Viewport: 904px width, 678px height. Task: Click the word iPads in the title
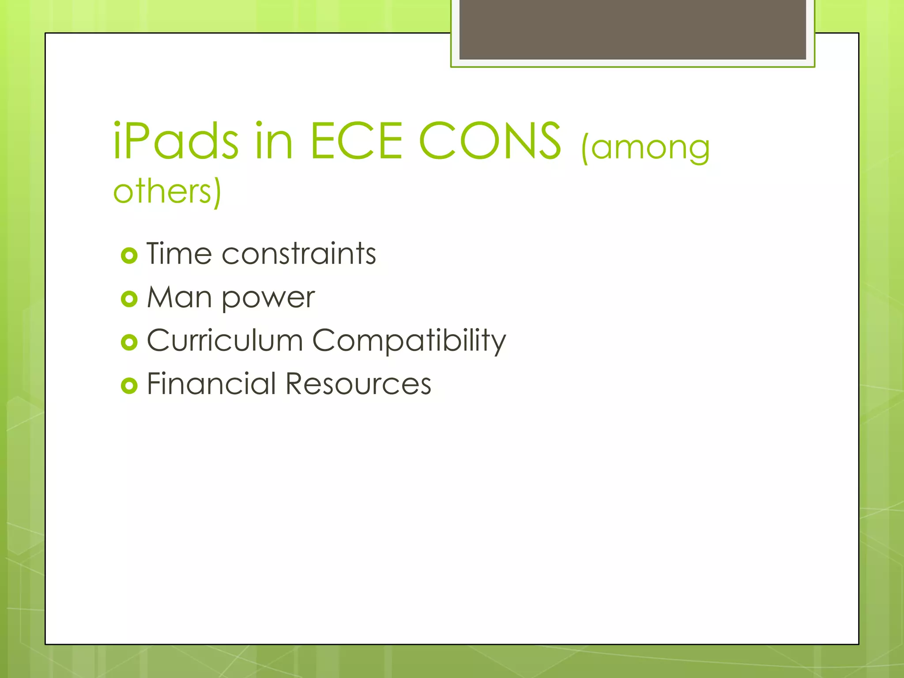coord(176,141)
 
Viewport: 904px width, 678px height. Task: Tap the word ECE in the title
coord(356,141)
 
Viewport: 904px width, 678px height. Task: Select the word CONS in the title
coord(490,141)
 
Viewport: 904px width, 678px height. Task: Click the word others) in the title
coord(167,192)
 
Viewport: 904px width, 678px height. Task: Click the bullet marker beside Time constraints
coord(129,256)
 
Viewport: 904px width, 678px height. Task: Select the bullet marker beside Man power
coord(129,299)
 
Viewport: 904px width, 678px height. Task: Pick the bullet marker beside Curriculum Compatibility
coord(129,342)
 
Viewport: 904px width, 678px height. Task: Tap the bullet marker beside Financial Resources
coord(129,385)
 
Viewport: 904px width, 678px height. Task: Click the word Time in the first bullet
coord(179,254)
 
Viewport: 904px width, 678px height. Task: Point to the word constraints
coord(299,254)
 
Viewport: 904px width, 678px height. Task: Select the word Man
coord(179,297)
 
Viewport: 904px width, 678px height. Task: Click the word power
coord(268,298)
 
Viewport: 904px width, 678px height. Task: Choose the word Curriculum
coord(225,340)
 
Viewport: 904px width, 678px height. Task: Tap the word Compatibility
coord(409,341)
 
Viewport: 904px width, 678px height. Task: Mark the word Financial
coord(211,384)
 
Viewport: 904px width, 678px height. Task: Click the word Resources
coord(358,384)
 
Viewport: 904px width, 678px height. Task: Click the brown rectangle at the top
coord(633,29)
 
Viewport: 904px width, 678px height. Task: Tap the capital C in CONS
coord(437,141)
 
